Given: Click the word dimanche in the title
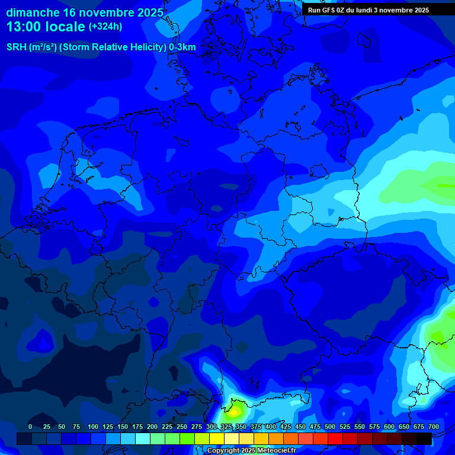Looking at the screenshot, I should click(33, 12).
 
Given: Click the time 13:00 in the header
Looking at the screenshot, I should click(26, 27).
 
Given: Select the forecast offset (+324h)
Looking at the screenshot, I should click(106, 27).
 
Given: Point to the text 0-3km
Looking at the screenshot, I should click(182, 47).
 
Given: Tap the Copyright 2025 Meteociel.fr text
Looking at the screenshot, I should click(251, 450).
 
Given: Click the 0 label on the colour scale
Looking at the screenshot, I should click(30, 427).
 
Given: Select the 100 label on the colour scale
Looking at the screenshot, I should click(93, 427).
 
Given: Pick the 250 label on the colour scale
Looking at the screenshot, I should click(182, 427).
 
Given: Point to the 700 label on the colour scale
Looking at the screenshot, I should click(434, 427).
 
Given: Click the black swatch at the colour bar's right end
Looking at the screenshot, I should click(424, 438).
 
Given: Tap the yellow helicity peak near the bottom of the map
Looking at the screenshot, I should click(235, 409).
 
